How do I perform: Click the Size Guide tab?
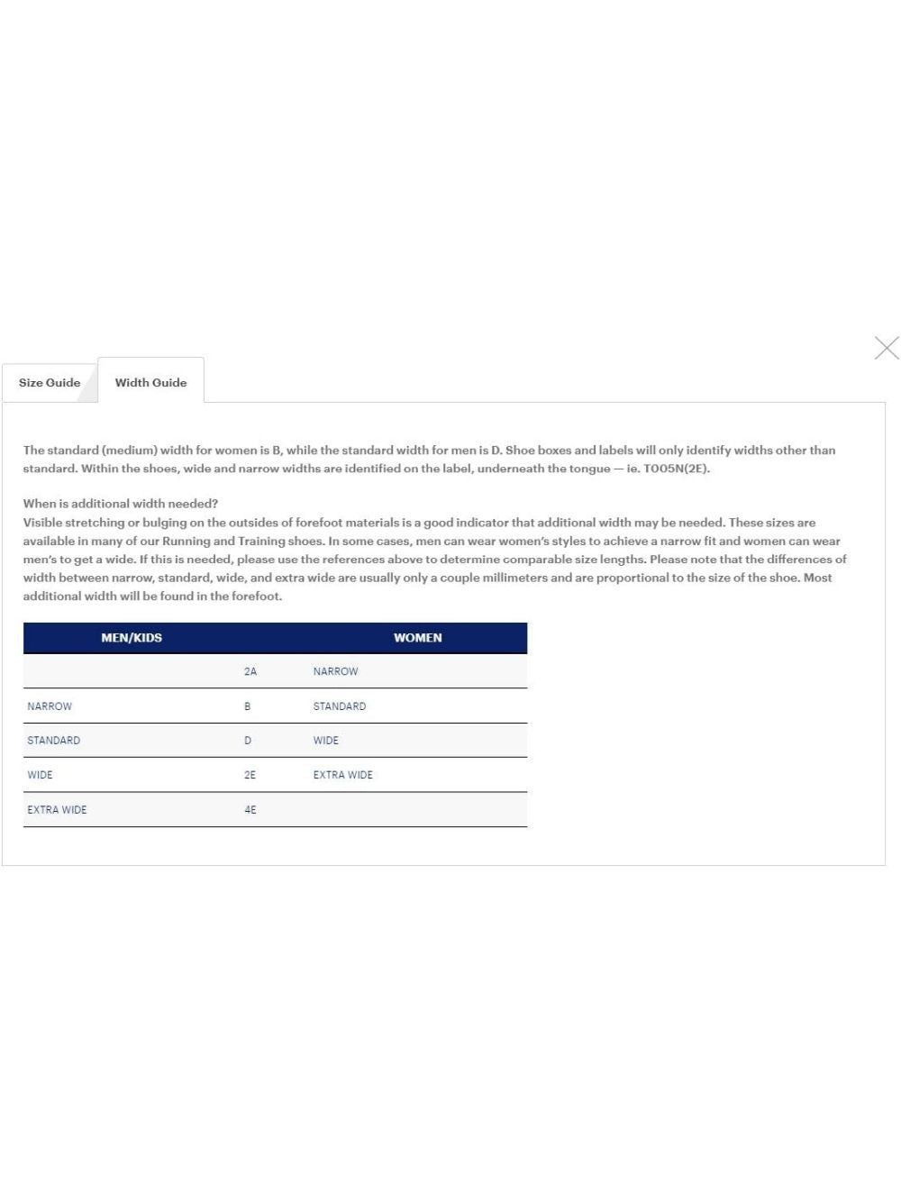[x=50, y=382]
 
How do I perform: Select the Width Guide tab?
[x=150, y=382]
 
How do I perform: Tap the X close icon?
[x=886, y=348]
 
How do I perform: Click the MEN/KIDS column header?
[x=132, y=638]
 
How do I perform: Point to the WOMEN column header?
[x=417, y=638]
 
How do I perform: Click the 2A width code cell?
[x=250, y=671]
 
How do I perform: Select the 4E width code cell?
[x=250, y=810]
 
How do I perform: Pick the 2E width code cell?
[x=250, y=775]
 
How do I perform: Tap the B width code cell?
[x=248, y=706]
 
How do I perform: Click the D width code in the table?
[x=248, y=741]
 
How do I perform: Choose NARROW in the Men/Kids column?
[x=50, y=706]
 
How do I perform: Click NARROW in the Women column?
[x=335, y=671]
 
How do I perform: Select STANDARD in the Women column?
[x=340, y=706]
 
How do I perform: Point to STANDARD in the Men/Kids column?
[x=53, y=741]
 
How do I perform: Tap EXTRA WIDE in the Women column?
[x=342, y=775]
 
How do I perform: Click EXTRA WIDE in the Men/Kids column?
[x=57, y=810]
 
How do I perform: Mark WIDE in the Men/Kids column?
[x=40, y=775]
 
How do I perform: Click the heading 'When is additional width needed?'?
[x=121, y=504]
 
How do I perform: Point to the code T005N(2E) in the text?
[x=677, y=469]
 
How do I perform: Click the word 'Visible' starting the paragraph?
[x=42, y=523]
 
